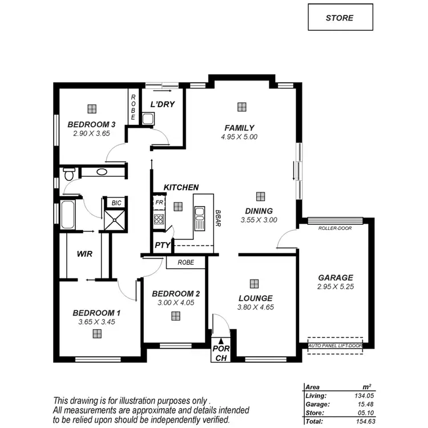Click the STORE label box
(340, 17)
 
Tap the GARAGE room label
(336, 278)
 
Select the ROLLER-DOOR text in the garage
(335, 228)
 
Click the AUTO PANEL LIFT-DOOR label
(335, 346)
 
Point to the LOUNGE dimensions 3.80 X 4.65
(256, 308)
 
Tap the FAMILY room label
(239, 128)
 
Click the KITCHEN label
(181, 187)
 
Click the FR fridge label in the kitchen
(159, 203)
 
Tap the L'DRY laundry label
(162, 104)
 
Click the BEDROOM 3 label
(91, 124)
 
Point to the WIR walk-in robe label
(84, 253)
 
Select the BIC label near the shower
(116, 203)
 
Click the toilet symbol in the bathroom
(68, 173)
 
